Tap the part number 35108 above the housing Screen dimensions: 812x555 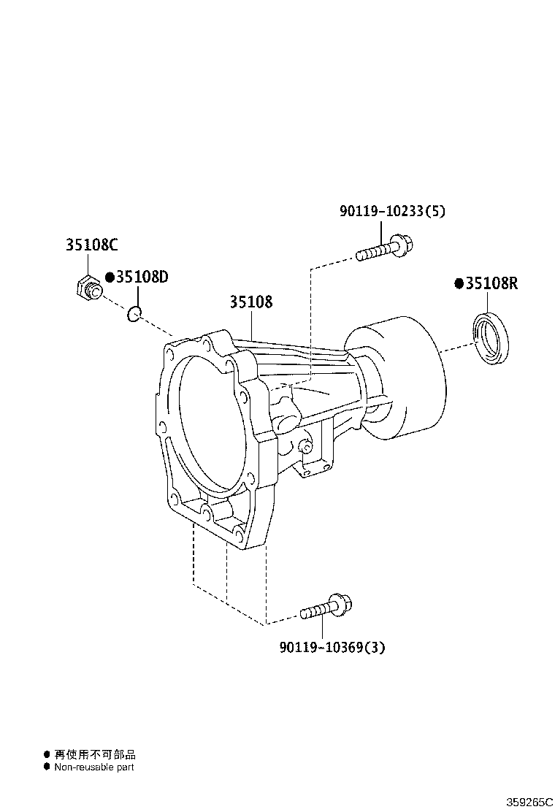coord(251,302)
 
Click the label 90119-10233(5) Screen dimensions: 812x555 coord(392,211)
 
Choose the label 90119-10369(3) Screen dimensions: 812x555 coord(332,647)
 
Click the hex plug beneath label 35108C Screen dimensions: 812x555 coord(88,288)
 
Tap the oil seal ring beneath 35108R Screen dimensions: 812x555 coord(494,337)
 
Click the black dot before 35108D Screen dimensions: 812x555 coord(110,277)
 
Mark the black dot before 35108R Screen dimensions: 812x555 coord(459,284)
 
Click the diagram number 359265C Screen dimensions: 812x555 coord(530,802)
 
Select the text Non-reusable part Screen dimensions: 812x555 coord(93,767)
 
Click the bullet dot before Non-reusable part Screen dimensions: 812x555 coord(47,767)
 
